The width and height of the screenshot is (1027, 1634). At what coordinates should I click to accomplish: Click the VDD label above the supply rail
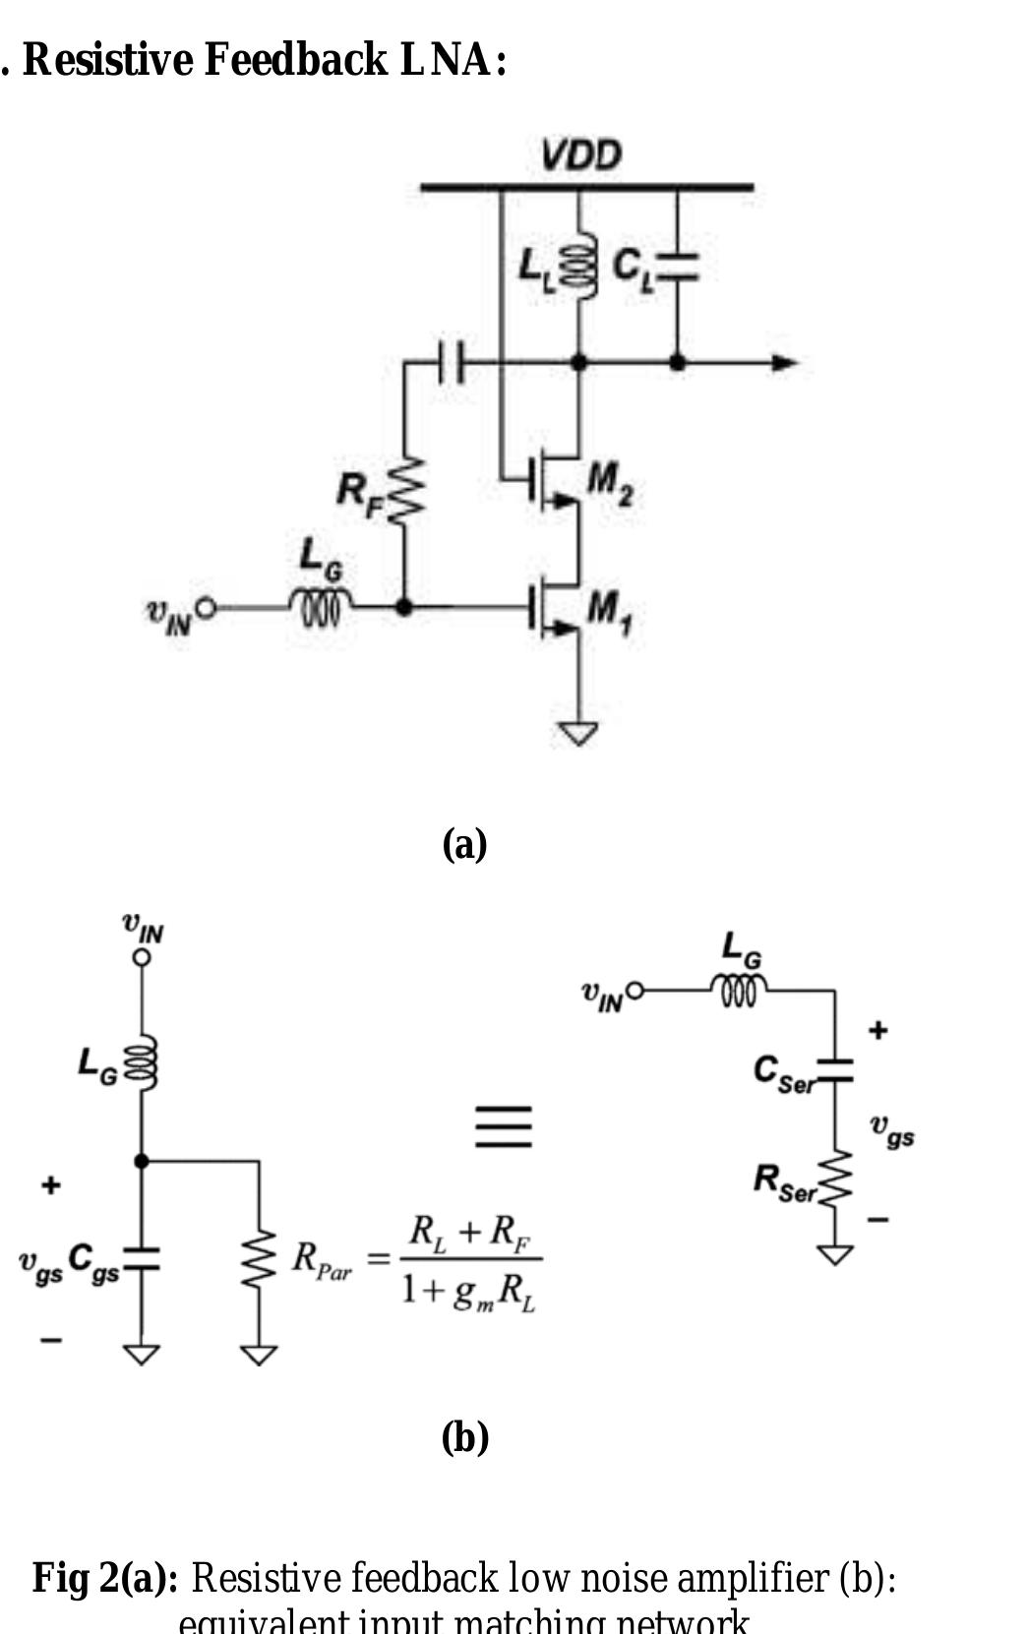(x=580, y=155)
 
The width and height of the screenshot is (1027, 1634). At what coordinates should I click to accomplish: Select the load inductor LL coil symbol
(x=578, y=265)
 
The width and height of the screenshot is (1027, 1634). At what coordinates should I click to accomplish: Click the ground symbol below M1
(x=577, y=733)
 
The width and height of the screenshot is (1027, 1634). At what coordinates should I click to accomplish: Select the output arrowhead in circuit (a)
(x=784, y=363)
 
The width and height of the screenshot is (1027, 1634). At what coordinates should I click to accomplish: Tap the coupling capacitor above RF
(x=451, y=362)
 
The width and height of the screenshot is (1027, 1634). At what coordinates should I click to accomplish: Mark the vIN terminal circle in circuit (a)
(x=205, y=607)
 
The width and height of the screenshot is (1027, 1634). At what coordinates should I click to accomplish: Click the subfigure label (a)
(x=464, y=844)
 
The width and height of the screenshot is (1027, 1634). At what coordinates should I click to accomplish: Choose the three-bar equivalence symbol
(x=503, y=1125)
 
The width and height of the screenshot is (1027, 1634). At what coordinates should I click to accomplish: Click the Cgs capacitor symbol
(x=142, y=1258)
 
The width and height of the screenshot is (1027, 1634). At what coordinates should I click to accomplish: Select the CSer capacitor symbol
(x=834, y=1069)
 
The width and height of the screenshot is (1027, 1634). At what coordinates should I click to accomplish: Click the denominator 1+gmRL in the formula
(x=468, y=1292)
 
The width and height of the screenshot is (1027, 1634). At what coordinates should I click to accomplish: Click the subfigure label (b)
(x=464, y=1437)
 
